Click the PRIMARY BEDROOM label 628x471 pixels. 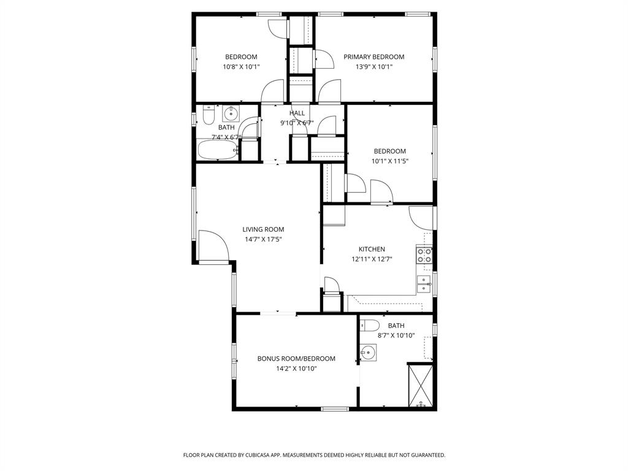[373, 57]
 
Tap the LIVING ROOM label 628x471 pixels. [262, 229]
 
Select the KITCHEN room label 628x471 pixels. [372, 249]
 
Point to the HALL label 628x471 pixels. [297, 113]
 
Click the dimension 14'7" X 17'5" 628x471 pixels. [262, 239]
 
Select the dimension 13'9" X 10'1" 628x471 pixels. [373, 67]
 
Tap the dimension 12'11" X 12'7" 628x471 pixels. [372, 259]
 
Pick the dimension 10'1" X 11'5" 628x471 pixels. [390, 161]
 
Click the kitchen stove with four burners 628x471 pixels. [424, 255]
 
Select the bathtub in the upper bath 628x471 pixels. [217, 150]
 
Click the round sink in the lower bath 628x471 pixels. [368, 353]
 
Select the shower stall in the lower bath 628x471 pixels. [421, 385]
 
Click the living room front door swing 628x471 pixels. [212, 247]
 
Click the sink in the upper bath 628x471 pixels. [231, 113]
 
